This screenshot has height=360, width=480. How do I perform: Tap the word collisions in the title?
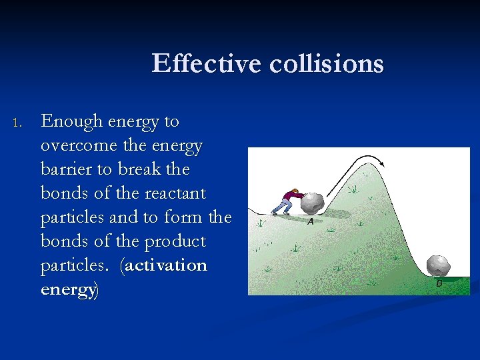click(x=327, y=64)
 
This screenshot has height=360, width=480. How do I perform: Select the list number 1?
click(x=18, y=123)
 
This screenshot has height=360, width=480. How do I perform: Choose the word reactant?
click(x=169, y=193)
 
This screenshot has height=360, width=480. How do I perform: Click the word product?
click(x=175, y=241)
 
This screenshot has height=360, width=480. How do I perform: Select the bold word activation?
click(x=166, y=265)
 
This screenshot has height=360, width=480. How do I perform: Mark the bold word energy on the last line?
click(x=67, y=289)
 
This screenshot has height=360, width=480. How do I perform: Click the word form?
click(x=184, y=217)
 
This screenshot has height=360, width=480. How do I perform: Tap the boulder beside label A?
click(x=312, y=203)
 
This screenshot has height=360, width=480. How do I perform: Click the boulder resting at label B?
click(x=438, y=265)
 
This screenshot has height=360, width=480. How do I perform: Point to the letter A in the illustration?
click(x=311, y=221)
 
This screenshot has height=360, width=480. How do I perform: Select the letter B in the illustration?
click(x=439, y=283)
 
